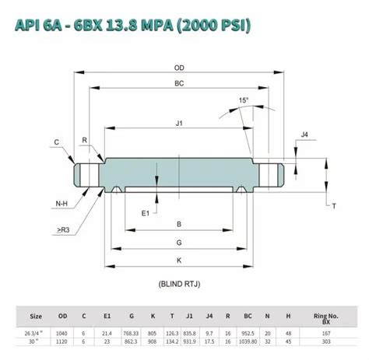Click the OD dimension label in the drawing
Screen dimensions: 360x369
click(x=180, y=68)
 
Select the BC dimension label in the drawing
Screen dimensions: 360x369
click(x=180, y=83)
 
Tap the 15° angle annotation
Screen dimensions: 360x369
click(x=244, y=101)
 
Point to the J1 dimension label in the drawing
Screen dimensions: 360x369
click(x=180, y=123)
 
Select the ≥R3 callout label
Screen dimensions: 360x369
click(x=63, y=230)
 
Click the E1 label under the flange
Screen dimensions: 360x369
click(x=146, y=211)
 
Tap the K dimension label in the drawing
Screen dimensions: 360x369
click(x=180, y=260)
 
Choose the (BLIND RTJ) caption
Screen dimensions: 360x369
click(x=180, y=285)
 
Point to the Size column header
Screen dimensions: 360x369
click(x=36, y=316)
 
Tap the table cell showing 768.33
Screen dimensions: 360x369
click(x=131, y=332)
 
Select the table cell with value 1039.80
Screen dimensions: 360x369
click(x=248, y=341)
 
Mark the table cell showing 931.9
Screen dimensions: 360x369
click(x=190, y=341)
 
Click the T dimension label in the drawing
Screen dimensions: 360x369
click(x=333, y=205)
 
